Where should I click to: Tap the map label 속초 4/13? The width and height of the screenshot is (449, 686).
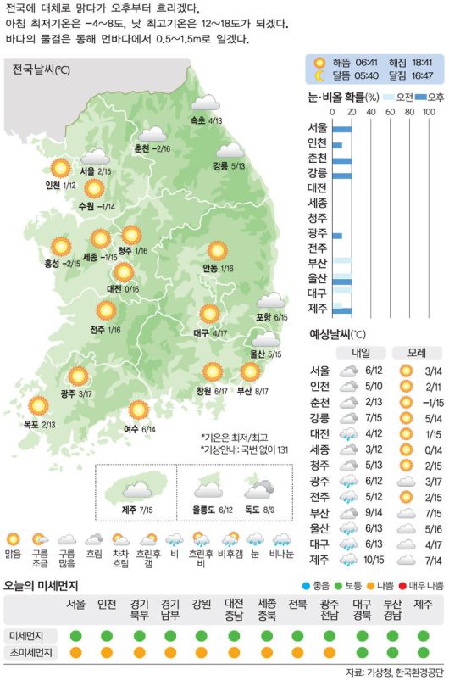coord(207,121)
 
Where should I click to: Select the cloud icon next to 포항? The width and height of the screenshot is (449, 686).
coord(271,301)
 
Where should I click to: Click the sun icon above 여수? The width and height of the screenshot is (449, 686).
coord(138,411)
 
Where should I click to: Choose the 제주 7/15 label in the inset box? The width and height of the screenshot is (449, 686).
coord(136,510)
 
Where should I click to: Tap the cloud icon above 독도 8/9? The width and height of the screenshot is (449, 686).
coord(258,489)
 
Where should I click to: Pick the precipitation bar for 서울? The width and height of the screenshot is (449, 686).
coord(342,128)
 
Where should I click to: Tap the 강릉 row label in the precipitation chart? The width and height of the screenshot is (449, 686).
coord(319,172)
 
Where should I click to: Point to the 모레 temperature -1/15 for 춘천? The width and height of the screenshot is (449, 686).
coord(433,402)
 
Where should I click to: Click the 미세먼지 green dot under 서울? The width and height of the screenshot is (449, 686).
coord(76,635)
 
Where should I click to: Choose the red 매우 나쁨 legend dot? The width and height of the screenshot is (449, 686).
coord(402,585)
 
